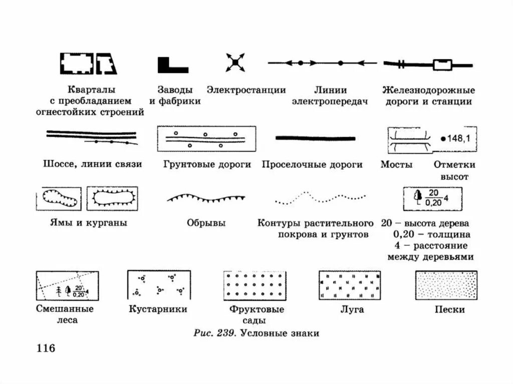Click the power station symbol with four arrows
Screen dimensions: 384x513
pos(234,63)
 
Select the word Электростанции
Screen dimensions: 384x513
pos(246,90)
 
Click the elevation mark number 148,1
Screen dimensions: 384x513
pos(456,139)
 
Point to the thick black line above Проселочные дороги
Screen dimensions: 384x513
pos(316,138)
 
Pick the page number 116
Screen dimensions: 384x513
pos(45,348)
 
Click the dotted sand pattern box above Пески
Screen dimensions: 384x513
pos(446,285)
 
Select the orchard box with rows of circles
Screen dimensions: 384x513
pos(255,285)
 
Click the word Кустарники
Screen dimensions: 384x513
pos(158,309)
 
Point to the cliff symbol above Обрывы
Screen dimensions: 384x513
pos(206,198)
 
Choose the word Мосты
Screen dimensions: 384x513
pos(396,164)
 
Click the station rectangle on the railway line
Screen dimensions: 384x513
pos(442,65)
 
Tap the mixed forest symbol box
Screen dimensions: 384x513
pos(67,285)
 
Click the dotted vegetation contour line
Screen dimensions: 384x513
pos(320,198)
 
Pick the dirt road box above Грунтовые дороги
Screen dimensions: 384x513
pos(206,139)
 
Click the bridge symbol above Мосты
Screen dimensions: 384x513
pos(409,140)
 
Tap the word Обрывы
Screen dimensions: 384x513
pos(206,223)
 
